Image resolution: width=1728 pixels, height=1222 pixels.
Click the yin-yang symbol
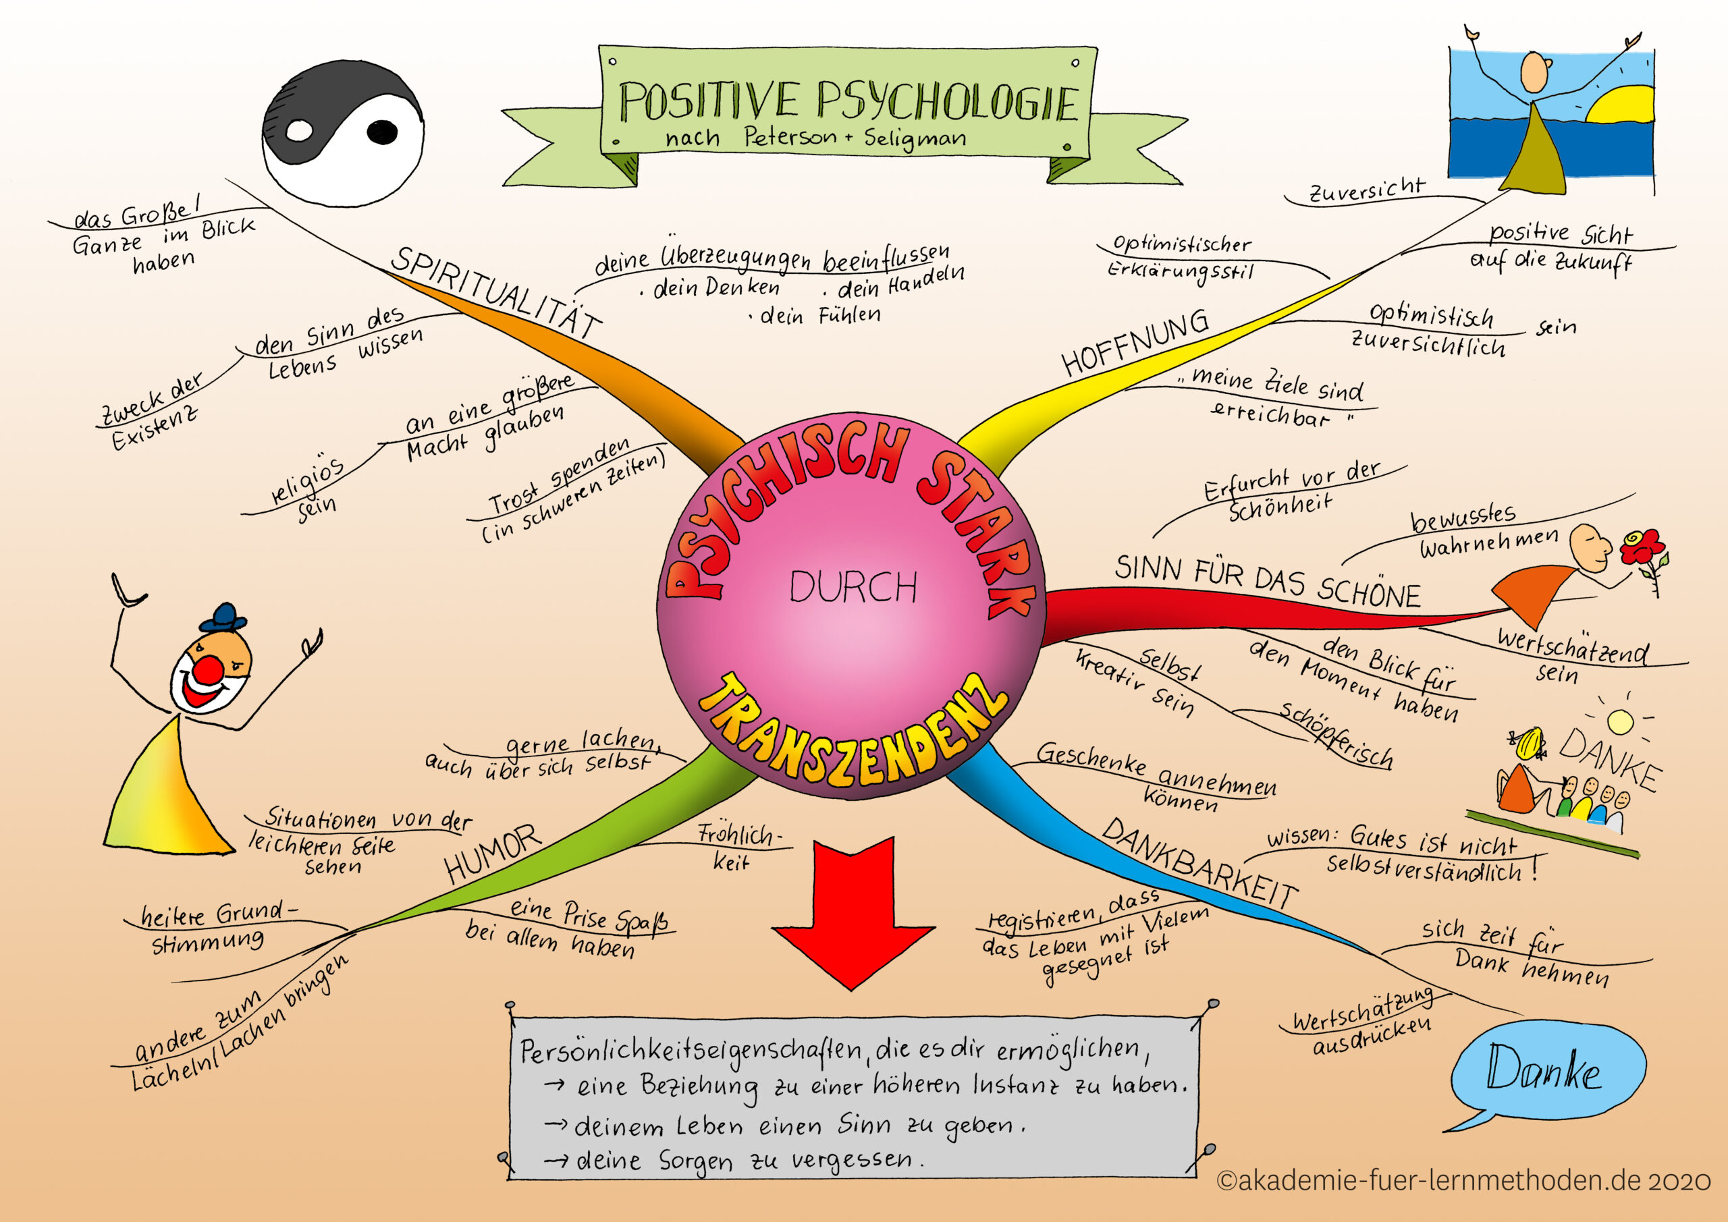pyautogui.click(x=343, y=133)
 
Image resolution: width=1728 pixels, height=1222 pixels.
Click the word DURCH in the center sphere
pyautogui.click(x=853, y=588)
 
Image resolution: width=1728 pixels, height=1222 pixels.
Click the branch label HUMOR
pyautogui.click(x=493, y=854)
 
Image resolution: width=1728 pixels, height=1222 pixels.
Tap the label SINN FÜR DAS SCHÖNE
pyautogui.click(x=1268, y=582)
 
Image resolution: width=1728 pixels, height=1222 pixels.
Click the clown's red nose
pyautogui.click(x=209, y=669)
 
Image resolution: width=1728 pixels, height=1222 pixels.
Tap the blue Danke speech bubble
pyautogui.click(x=1546, y=1072)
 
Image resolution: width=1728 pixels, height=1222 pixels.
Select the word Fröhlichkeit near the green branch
pyautogui.click(x=740, y=848)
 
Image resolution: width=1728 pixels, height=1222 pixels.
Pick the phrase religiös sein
pyautogui.click(x=308, y=490)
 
